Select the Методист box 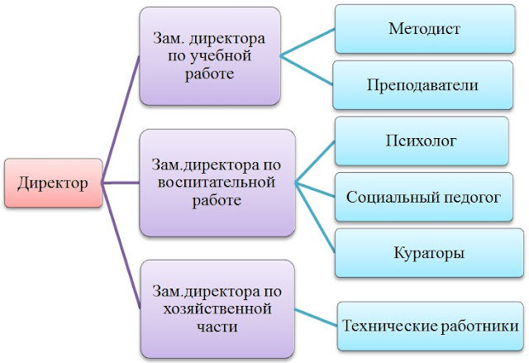(x=423, y=29)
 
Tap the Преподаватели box (x=423, y=84)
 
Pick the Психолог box (x=423, y=141)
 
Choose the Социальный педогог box (x=423, y=197)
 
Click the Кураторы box (x=423, y=252)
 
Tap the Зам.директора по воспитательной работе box (x=217, y=181)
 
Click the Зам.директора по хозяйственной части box (x=217, y=308)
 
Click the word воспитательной (x=217, y=182)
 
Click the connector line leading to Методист (x=307, y=42)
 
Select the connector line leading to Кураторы (x=314, y=217)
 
